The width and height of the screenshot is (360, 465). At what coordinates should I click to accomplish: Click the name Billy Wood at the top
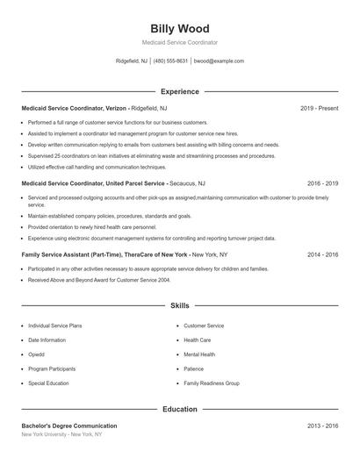coord(179,28)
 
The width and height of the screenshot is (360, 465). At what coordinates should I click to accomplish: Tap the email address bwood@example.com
coord(219,61)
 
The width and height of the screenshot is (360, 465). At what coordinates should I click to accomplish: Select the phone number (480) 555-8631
coord(170,61)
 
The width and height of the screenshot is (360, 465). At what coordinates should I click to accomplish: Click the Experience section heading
coord(179,91)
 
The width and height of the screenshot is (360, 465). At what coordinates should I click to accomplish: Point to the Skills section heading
coord(179,306)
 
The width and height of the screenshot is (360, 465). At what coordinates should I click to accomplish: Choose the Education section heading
coord(179,409)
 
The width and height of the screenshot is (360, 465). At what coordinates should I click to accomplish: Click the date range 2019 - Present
coord(319,108)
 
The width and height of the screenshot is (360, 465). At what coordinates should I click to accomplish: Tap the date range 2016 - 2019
coord(322,184)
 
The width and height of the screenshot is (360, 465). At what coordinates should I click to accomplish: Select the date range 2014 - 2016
coord(322,254)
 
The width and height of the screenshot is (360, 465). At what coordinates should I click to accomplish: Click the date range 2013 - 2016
coord(322,426)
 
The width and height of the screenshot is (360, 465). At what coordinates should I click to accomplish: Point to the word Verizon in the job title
coord(118,108)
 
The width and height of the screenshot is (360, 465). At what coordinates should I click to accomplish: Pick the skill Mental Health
coord(199,354)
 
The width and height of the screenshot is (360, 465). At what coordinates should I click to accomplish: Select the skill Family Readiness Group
coord(212,383)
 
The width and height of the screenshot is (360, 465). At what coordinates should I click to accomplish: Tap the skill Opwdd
coord(38,354)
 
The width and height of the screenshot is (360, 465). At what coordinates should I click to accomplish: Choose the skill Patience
coord(194,369)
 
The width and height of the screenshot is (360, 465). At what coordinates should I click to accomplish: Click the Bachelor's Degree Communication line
coord(69,426)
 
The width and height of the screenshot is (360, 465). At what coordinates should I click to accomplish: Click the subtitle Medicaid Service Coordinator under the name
coord(179,42)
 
